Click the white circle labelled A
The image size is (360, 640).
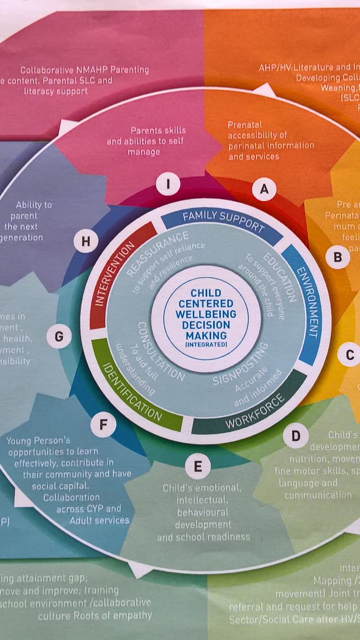pyautogui.click(x=263, y=188)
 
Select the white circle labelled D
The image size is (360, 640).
pyautogui.click(x=295, y=436)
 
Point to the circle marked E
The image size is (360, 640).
pyautogui.click(x=197, y=467)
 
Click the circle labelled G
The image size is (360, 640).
pyautogui.click(x=59, y=337)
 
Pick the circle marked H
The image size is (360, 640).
pyautogui.click(x=85, y=242)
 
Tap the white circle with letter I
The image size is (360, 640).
pyautogui.click(x=168, y=185)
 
